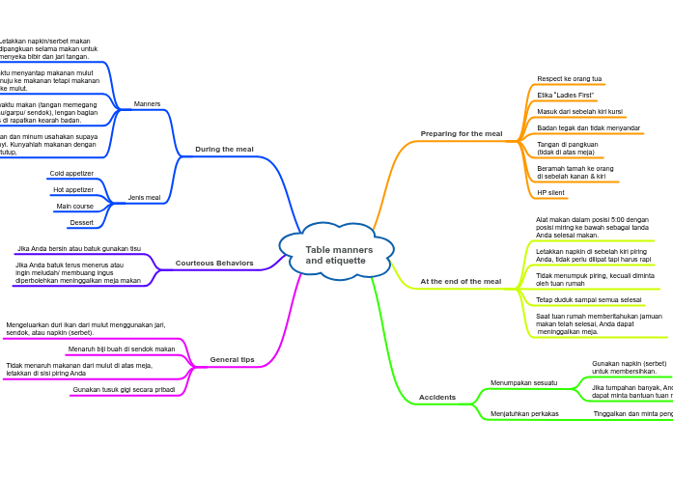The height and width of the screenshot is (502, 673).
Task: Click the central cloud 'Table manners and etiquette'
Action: pos(336,254)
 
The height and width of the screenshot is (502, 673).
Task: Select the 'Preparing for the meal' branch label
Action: pos(462,133)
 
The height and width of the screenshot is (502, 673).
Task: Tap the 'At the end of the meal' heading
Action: pos(461,281)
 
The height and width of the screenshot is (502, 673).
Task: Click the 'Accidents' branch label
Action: pos(437,397)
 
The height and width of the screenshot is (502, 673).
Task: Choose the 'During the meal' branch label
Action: pos(224,149)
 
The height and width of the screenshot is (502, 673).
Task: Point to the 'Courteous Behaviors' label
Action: pos(214,263)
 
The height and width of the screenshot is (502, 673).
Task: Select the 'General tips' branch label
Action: pos(233,359)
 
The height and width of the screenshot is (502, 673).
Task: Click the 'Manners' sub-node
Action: pos(147,103)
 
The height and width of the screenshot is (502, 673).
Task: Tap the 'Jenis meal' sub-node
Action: pos(144,197)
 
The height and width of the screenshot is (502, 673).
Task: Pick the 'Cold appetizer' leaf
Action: pos(71,174)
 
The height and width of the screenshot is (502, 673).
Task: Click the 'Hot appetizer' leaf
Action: pos(73,190)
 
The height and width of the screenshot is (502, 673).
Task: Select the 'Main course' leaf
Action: pos(74,207)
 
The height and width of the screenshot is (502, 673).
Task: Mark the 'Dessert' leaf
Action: pos(81,223)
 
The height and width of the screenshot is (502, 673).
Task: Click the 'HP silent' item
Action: pos(551,192)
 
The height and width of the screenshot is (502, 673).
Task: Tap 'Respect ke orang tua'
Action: pos(570,79)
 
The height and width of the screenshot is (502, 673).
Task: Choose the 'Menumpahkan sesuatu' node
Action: pos(523,382)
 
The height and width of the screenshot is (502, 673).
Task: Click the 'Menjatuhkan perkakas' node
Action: pos(524,413)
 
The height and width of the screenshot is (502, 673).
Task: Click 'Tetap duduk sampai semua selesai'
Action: pos(588,299)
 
